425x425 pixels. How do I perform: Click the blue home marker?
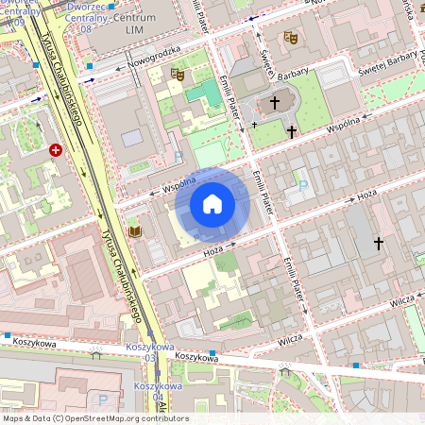212,203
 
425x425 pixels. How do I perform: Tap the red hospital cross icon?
57,150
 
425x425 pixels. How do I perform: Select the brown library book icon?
135,230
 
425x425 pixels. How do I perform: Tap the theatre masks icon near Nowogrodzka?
177,73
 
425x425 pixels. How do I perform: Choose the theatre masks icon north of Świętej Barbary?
291,37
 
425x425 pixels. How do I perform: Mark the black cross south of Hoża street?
379,244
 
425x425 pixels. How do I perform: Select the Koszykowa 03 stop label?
142,353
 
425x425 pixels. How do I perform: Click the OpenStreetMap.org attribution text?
121,418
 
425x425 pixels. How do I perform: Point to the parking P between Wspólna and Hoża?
302,186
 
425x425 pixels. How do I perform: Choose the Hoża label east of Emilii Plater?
367,195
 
